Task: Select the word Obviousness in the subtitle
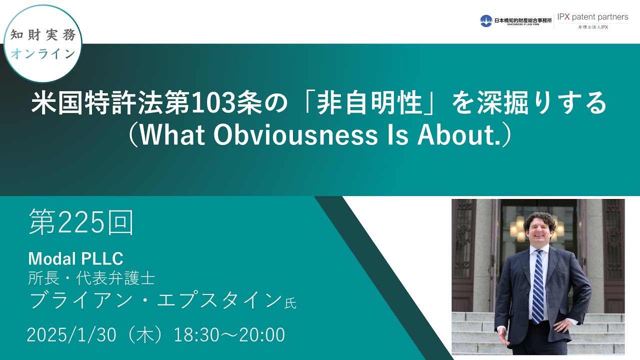pyautogui.click(x=295, y=135)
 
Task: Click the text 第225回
pyautogui.click(x=81, y=222)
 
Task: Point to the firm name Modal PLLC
pyautogui.click(x=75, y=258)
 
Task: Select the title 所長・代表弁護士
pyautogui.click(x=91, y=277)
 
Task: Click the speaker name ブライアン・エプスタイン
pyautogui.click(x=155, y=300)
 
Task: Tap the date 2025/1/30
pyautogui.click(x=71, y=335)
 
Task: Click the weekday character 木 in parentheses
pyautogui.click(x=145, y=335)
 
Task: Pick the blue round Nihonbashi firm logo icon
pyautogui.click(x=486, y=21)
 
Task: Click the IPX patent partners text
pyautogui.click(x=593, y=17)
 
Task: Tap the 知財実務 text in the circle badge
pyautogui.click(x=43, y=35)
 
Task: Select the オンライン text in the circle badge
pyautogui.click(x=43, y=53)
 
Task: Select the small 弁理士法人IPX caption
pyautogui.click(x=593, y=27)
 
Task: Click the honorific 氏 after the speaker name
pyautogui.click(x=290, y=303)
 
